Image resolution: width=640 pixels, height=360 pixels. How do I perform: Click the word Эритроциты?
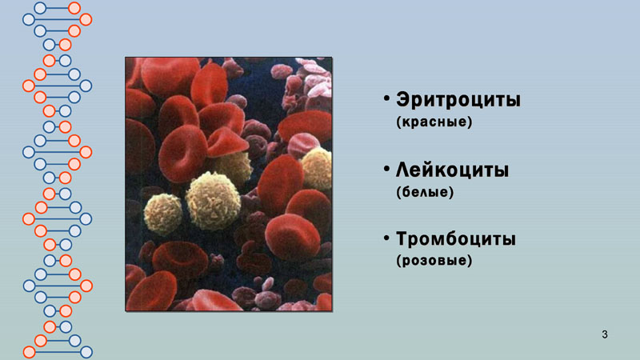(x=458, y=99)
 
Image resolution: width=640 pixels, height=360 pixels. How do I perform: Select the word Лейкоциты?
(x=452, y=170)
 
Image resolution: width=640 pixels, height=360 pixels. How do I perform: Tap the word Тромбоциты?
(x=456, y=238)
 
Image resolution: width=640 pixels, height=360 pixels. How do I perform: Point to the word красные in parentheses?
(x=434, y=122)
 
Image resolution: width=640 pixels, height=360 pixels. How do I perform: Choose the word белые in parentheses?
(x=425, y=192)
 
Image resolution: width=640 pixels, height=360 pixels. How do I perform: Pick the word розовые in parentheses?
(x=434, y=261)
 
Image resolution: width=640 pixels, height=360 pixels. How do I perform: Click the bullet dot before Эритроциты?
(x=386, y=98)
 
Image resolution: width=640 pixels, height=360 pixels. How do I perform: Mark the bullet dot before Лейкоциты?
(x=386, y=169)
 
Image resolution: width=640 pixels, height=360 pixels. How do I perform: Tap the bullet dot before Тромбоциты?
(x=386, y=238)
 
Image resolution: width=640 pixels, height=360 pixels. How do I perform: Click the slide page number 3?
(x=605, y=334)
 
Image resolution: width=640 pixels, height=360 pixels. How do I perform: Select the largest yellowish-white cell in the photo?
(x=213, y=201)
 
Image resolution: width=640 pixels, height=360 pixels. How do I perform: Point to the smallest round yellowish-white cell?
(x=163, y=214)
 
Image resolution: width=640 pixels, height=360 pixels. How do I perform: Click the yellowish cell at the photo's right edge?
(x=317, y=169)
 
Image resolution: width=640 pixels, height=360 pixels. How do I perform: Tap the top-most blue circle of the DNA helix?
(x=40, y=8)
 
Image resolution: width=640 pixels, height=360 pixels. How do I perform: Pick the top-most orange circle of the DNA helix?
(x=74, y=8)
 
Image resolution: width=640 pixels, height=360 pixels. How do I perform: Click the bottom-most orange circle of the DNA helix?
(x=29, y=352)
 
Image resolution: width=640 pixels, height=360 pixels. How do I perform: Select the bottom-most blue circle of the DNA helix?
(x=86, y=352)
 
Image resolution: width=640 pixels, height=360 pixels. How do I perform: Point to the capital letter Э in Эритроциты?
(x=402, y=99)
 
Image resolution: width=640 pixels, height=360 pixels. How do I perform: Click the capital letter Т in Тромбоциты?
(x=402, y=238)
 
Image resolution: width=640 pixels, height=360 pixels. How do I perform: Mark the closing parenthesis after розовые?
(x=470, y=261)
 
